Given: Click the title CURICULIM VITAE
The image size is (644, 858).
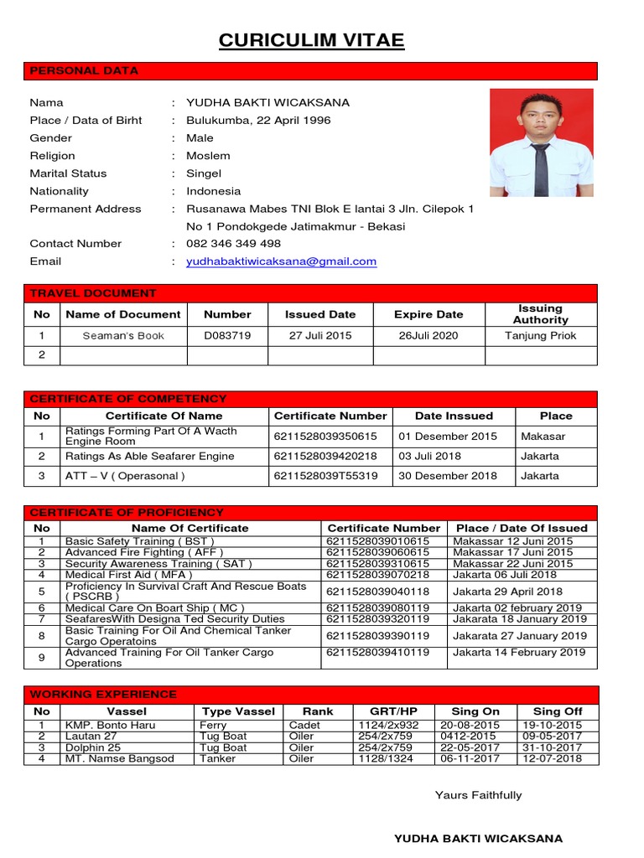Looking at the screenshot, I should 311,41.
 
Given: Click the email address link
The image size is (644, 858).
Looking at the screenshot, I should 281,261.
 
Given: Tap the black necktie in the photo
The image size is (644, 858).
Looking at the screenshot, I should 540,168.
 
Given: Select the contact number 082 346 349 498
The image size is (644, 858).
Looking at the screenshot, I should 233,244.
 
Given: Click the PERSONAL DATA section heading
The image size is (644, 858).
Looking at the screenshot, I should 84,71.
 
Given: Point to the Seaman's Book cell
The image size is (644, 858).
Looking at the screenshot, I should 123,336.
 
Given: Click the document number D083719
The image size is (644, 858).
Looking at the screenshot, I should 227,336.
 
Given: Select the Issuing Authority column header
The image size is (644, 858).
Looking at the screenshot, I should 541,314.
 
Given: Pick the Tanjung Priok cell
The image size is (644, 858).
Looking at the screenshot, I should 541,336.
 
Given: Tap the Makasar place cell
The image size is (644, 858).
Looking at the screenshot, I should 543,437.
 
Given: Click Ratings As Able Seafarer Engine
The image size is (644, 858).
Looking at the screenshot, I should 150,457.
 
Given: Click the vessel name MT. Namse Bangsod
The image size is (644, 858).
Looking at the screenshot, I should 120,758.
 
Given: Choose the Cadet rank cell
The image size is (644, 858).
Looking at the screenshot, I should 304,725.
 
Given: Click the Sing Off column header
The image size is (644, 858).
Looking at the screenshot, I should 558,711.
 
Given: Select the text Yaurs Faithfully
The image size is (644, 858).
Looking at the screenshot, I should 478,795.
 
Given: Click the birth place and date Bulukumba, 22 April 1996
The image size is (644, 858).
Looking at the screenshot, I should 258,121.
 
